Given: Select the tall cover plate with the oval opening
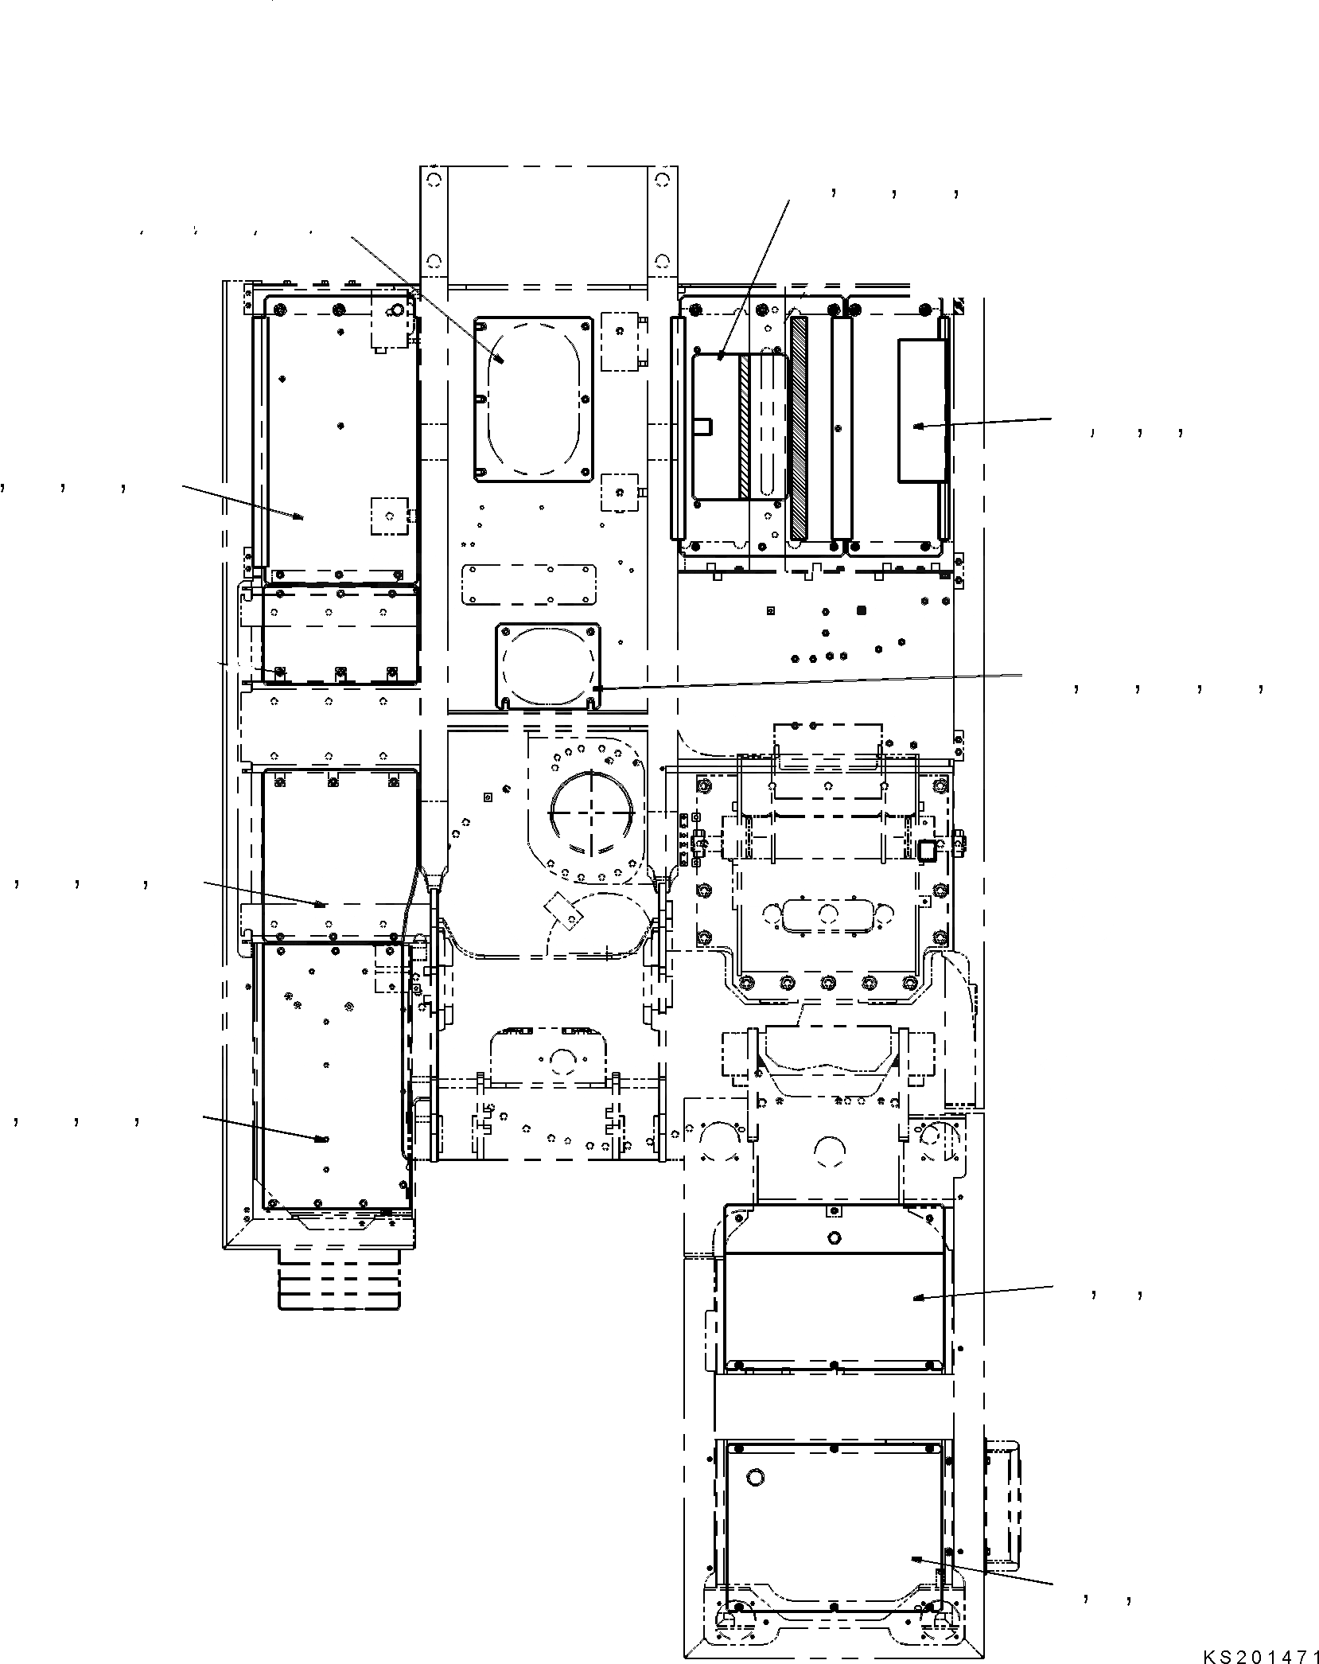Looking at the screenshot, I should coord(534,399).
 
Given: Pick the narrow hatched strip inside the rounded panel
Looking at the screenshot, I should coord(745,427).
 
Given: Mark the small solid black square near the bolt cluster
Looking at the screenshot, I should coord(861,610).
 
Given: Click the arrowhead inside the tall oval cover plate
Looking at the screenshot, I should coord(501,360).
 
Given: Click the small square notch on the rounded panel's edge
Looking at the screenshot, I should coord(702,427).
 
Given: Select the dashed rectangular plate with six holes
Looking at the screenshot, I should coord(530,586).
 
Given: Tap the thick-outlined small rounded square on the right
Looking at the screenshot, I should coord(927,852).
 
